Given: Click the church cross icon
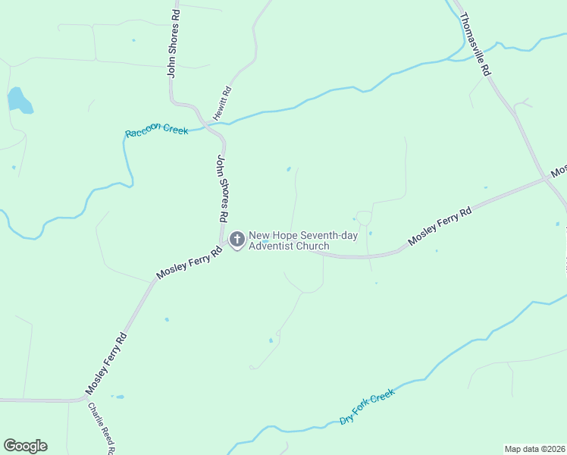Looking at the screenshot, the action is point(237,240).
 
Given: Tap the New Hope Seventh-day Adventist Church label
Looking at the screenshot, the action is point(302,240).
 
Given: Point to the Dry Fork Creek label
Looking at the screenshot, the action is point(368,407).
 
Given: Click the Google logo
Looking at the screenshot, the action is point(25,446).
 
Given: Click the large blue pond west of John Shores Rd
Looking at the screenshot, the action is point(19,100).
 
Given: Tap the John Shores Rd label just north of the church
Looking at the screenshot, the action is point(223,188).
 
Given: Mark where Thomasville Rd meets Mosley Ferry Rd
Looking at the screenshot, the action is point(547,178).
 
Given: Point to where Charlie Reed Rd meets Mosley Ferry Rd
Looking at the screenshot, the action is point(82,397).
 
